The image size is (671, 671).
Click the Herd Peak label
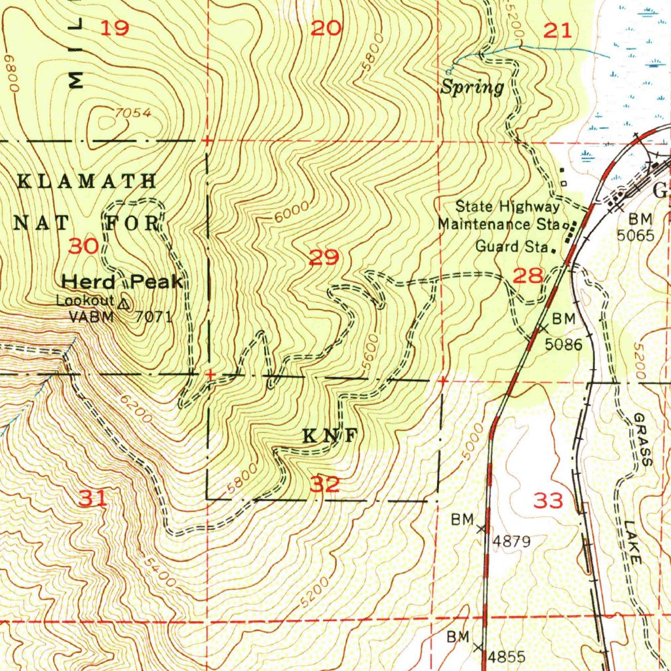[x=122, y=282]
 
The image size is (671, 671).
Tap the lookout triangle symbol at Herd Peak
[x=125, y=303]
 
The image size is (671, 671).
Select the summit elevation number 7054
[x=133, y=113]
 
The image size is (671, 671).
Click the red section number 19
[x=115, y=28]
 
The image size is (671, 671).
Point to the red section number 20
[x=326, y=28]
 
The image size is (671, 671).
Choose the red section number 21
[x=558, y=29]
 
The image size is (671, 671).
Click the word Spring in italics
[x=472, y=88]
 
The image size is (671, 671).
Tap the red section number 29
[x=324, y=258]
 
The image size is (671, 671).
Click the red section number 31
[x=93, y=499]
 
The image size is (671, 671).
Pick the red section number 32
[x=325, y=485]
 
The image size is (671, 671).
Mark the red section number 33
[x=548, y=501]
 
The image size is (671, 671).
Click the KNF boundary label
[x=330, y=436]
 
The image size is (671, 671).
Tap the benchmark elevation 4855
[x=507, y=657]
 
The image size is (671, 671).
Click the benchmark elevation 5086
[x=564, y=343]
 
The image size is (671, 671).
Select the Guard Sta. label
[x=511, y=247]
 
